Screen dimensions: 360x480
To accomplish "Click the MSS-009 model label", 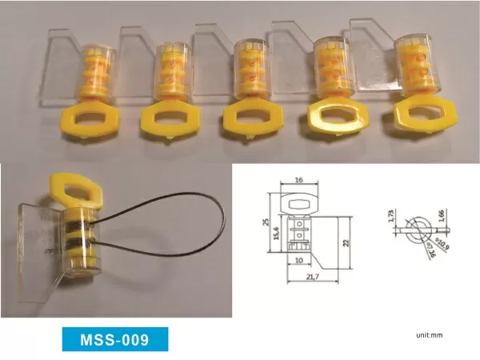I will (x=116, y=340).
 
